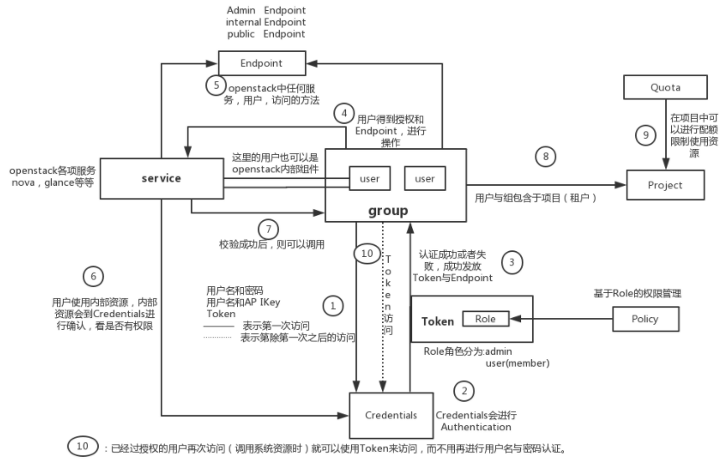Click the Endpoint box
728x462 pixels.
(x=261, y=63)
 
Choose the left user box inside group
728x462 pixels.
(x=370, y=178)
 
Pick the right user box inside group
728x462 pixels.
(x=425, y=178)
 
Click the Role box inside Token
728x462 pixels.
(x=485, y=319)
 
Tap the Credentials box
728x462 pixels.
(x=391, y=415)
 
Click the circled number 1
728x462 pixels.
(x=333, y=305)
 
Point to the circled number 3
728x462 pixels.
(x=511, y=262)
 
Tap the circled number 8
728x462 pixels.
(x=545, y=156)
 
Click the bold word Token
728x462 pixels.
(x=437, y=321)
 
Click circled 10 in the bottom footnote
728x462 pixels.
(x=82, y=446)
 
